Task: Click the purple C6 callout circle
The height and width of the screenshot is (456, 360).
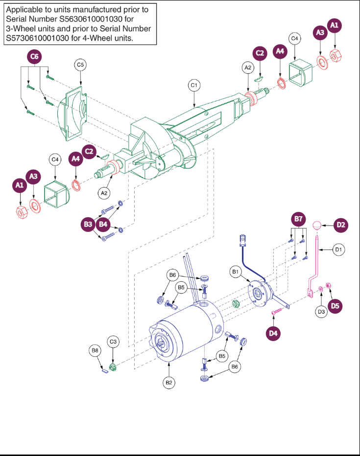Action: point(34,57)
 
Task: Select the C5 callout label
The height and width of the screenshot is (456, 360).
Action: point(80,65)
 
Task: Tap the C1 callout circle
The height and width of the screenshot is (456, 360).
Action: point(194,85)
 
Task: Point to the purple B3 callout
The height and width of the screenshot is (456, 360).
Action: point(88,225)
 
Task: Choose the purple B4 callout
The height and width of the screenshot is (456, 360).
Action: point(103,225)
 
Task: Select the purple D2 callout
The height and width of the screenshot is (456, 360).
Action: point(341,226)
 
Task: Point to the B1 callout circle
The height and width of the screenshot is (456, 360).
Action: point(236,272)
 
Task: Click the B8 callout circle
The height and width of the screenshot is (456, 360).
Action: point(95,350)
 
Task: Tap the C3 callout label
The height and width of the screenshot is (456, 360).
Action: point(113,341)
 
